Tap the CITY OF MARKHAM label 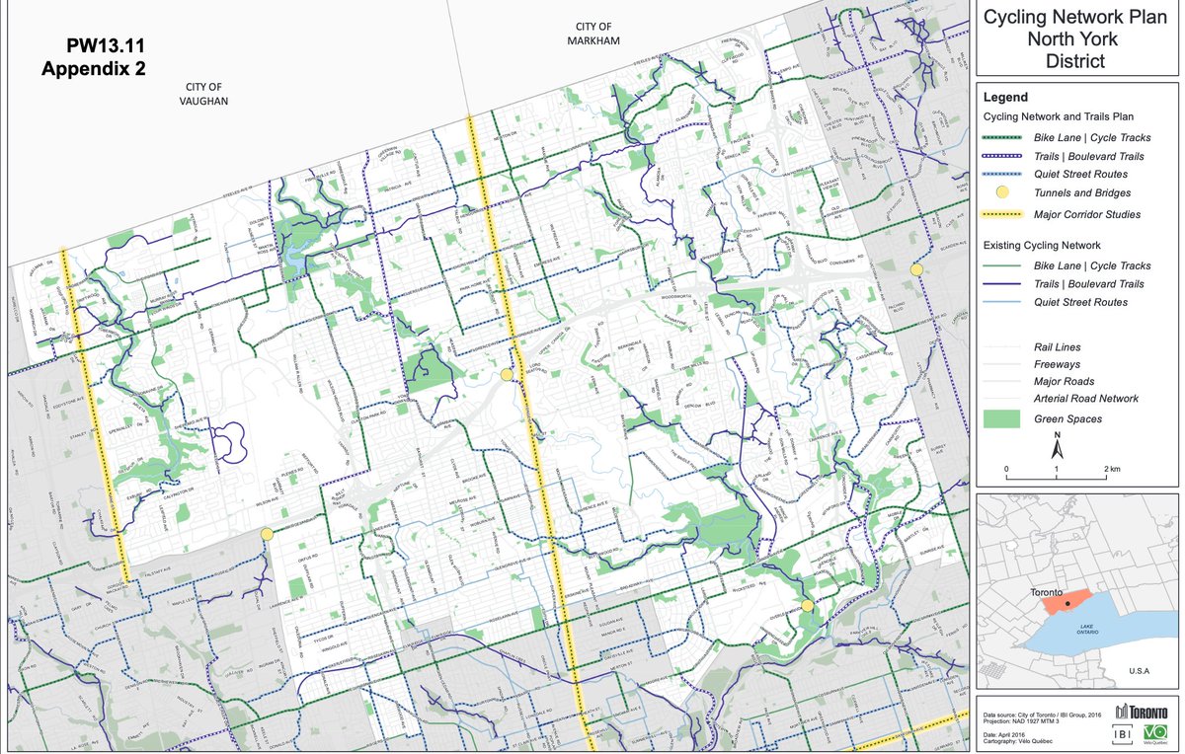pyautogui.click(x=592, y=33)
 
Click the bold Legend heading pyautogui.click(x=1005, y=97)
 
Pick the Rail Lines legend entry pyautogui.click(x=1057, y=347)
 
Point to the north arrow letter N pyautogui.click(x=1057, y=435)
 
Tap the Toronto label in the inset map pyautogui.click(x=1048, y=591)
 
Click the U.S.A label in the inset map pyautogui.click(x=1139, y=671)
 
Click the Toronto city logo pyautogui.click(x=1142, y=712)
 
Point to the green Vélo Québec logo pyautogui.click(x=1153, y=733)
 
